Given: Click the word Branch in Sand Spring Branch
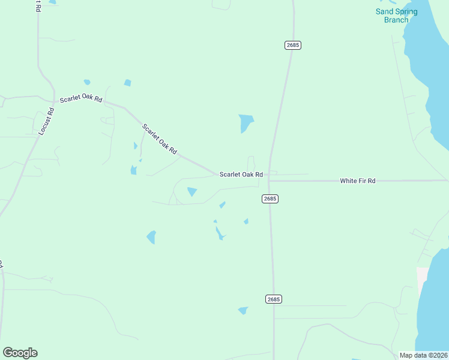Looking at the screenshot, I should tap(396, 20).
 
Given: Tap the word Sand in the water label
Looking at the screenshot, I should tap(385, 11).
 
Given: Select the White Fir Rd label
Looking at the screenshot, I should tap(357, 181).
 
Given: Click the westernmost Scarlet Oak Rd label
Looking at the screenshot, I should tap(80, 98).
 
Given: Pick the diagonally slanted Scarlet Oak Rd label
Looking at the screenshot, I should tap(160, 139).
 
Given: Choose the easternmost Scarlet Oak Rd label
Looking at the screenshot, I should tap(241, 175).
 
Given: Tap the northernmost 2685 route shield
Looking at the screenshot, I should tap(292, 45).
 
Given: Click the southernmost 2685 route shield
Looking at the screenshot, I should tap(273, 299).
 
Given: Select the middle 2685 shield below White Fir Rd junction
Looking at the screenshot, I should tap(270, 199).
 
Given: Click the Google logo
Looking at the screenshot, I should tap(20, 353).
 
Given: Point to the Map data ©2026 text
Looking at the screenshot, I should tap(423, 355).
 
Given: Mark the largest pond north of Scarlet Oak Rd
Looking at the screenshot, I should tap(246, 122).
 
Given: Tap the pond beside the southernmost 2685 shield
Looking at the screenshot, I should tap(243, 310).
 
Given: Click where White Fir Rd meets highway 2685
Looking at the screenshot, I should tap(269, 180).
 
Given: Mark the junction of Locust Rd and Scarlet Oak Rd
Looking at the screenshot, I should tap(55, 101).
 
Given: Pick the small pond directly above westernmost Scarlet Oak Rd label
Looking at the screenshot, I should tap(87, 82).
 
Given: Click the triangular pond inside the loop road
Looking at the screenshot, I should tap(192, 192).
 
